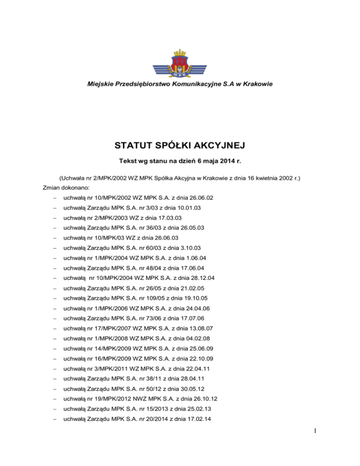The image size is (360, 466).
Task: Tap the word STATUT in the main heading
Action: pos(134,145)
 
